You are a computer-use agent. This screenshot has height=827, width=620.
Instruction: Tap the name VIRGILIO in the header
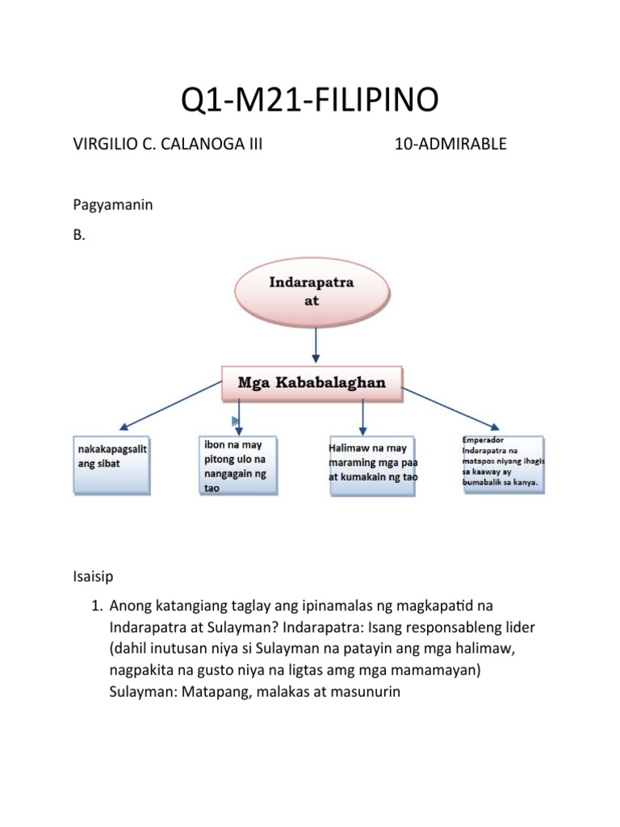coord(104,145)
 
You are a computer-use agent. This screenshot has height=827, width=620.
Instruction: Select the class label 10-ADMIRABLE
coord(450,145)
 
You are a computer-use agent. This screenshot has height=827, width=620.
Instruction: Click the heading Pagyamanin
coord(113,205)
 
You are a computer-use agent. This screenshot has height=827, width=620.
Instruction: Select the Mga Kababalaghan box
coord(312,382)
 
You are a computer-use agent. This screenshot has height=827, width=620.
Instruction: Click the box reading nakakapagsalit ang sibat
coord(111,465)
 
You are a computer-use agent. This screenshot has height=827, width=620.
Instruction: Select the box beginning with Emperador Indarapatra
coord(502,464)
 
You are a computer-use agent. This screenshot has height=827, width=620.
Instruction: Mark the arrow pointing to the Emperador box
coord(452,409)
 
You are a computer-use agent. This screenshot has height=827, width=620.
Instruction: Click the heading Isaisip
coord(93,577)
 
